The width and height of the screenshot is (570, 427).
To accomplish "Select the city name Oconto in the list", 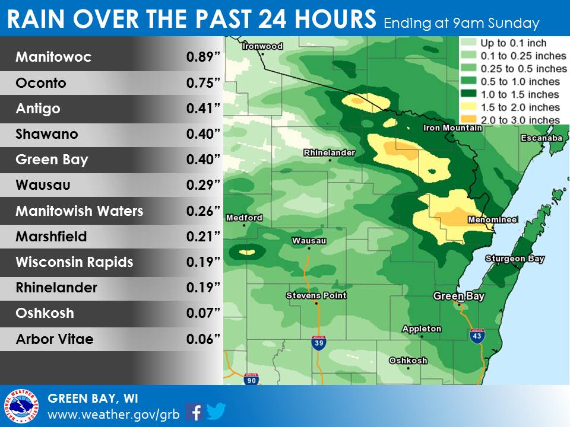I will point(41,84).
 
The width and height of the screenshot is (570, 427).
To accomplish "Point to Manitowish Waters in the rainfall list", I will point(79,211).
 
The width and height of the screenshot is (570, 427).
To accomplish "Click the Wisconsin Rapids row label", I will point(74,262).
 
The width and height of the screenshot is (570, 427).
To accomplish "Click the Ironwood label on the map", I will point(263,46).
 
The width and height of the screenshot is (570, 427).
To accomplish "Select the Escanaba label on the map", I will point(541,138).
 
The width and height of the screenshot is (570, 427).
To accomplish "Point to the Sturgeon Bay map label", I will point(514,259).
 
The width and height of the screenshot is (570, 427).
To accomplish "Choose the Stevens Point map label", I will point(316,295).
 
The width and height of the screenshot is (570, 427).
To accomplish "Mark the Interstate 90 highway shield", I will point(251,379).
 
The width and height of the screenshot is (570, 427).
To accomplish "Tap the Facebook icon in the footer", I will point(194,411).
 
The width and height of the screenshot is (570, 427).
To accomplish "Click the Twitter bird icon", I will point(216,411).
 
